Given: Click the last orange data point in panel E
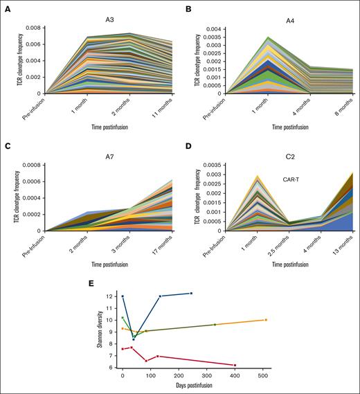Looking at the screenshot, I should point(266,320).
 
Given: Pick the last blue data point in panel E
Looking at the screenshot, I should point(191,293).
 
